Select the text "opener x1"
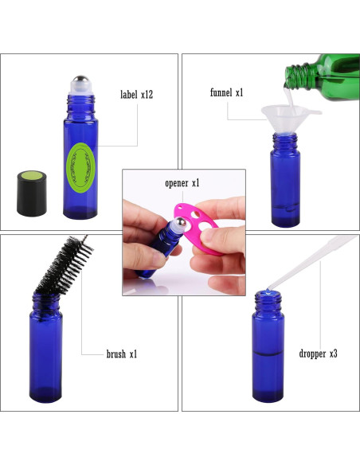182,183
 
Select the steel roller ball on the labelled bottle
79,82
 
